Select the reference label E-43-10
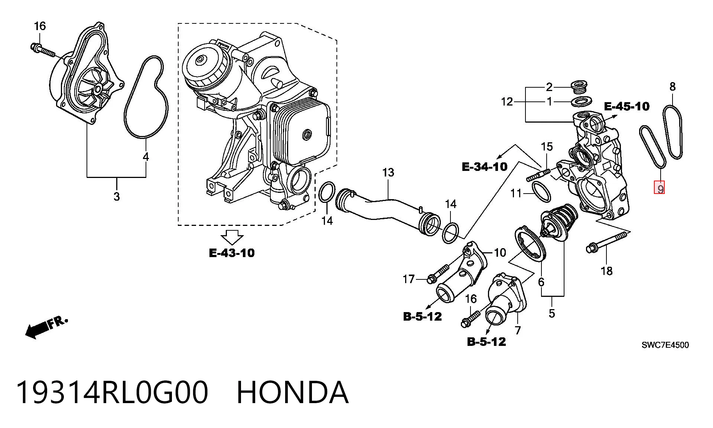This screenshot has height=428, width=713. [232, 253]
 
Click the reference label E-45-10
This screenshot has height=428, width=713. [627, 107]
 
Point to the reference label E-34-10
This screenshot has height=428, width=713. [485, 166]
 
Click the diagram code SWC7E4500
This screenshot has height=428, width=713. [665, 345]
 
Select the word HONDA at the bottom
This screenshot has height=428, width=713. [293, 392]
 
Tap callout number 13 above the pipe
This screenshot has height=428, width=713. [388, 173]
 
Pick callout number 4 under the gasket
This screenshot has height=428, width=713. [146, 157]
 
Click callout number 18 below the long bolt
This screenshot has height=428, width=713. [606, 271]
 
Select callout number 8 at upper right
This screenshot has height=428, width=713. [673, 87]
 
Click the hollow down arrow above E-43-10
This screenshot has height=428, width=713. [232, 237]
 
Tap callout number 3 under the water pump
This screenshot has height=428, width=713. [117, 196]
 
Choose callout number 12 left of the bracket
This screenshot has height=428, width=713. [507, 101]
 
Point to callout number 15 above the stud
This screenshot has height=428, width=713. [547, 147]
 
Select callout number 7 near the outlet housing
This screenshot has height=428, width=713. [518, 330]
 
